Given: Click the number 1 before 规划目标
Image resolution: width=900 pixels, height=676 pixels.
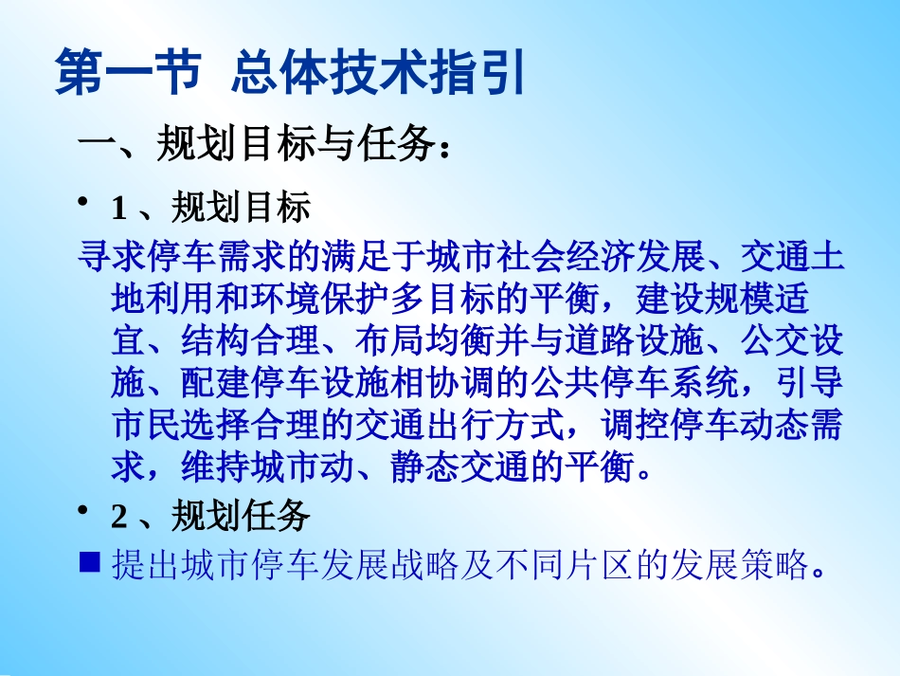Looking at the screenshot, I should (x=118, y=207).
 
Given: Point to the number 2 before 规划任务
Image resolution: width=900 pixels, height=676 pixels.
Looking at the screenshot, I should (x=118, y=517).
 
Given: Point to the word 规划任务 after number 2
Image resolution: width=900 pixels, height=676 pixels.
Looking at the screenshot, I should (x=241, y=517).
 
